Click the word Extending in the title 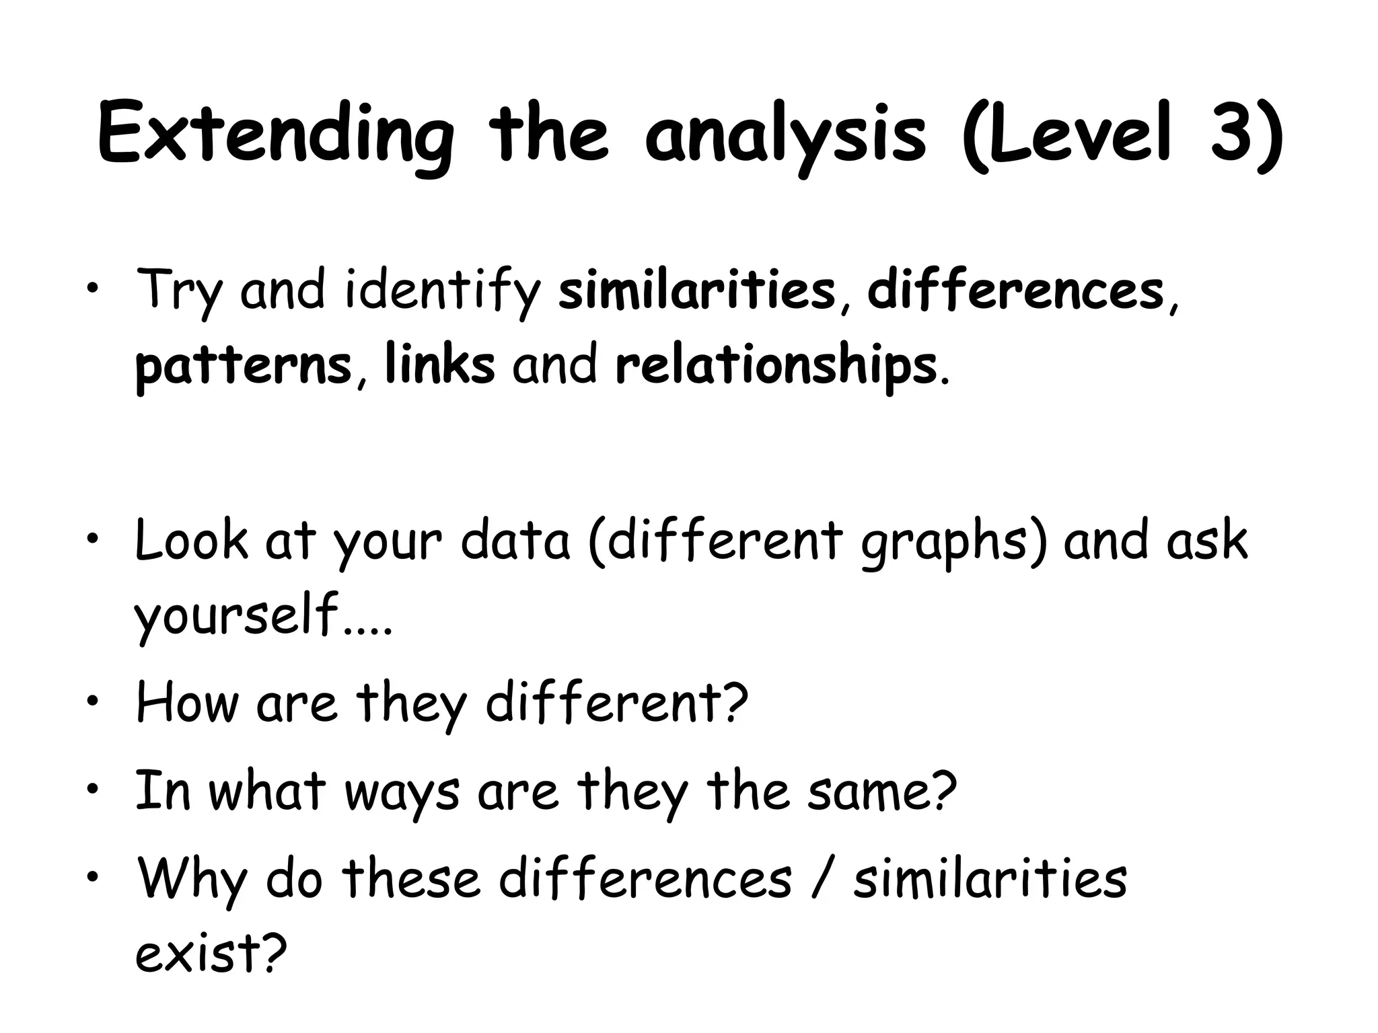(x=276, y=135)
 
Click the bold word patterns (x=243, y=367)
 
